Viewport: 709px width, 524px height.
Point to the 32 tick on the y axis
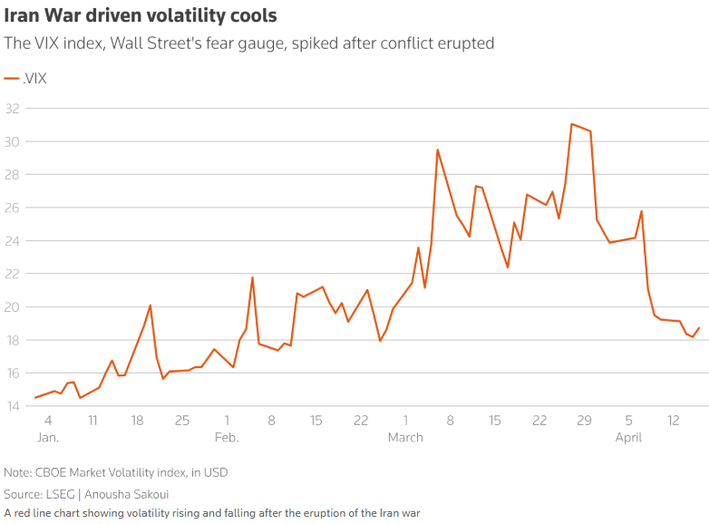point(12,109)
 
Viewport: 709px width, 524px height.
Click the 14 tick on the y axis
point(12,406)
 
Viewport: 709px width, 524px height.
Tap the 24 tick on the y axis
point(12,241)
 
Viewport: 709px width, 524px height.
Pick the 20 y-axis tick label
point(12,307)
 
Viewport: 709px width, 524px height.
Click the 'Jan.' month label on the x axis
point(47,437)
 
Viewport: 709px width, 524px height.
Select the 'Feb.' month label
point(226,437)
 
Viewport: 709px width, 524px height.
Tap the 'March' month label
point(405,437)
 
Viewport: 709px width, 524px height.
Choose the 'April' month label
point(628,437)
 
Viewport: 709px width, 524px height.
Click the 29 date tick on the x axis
point(584,421)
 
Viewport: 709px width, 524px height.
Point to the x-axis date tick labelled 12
point(673,421)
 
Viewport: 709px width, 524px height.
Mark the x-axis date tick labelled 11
point(92,421)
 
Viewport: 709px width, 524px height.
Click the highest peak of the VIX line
point(572,124)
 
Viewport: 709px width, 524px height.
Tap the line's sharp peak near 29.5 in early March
point(437,150)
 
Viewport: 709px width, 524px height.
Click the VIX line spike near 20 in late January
point(151,306)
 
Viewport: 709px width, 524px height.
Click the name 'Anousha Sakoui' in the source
point(139,494)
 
